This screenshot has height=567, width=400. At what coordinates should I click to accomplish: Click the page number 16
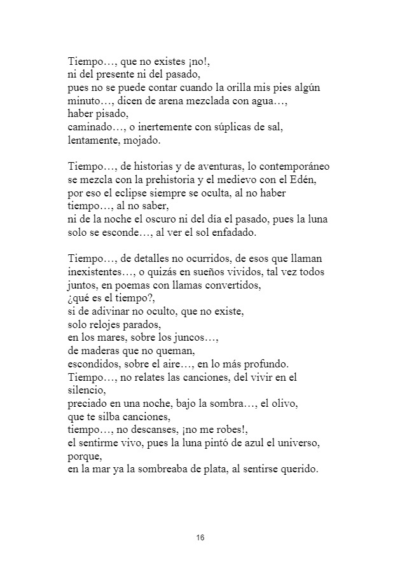pos(200,538)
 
